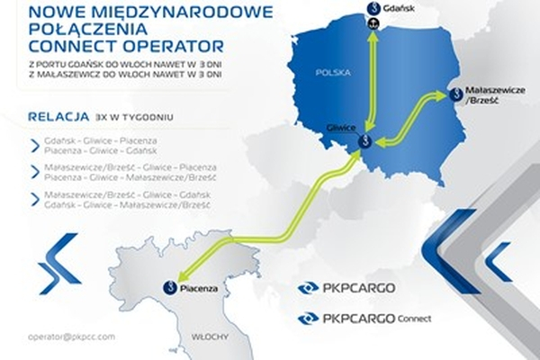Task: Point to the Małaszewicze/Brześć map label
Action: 483,96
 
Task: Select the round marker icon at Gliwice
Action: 365,141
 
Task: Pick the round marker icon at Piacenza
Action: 168,287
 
